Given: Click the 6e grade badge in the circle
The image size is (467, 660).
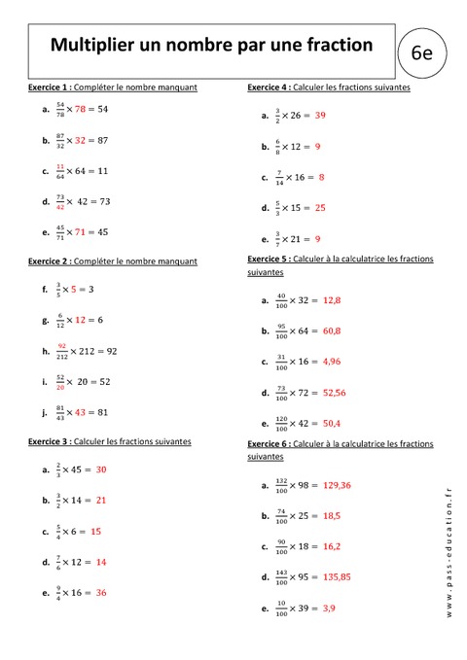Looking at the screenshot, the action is (x=422, y=54).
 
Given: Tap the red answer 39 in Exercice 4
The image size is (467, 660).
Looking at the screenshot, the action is (x=320, y=115).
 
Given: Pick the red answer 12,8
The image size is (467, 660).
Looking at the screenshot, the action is (x=332, y=300).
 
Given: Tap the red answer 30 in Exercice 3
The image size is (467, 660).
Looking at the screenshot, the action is (x=101, y=469).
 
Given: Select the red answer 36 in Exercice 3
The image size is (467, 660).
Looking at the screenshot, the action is (x=101, y=592).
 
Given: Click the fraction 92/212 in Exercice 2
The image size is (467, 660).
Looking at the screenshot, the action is (x=61, y=350).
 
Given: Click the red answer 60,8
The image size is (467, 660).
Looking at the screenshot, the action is (x=332, y=331).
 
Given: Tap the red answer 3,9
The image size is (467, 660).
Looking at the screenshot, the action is (x=329, y=608).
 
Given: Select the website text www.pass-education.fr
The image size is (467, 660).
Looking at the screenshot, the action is (x=449, y=555).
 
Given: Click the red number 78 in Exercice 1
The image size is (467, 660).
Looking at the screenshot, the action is (x=81, y=109).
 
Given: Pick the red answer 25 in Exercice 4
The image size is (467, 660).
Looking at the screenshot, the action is (x=320, y=207).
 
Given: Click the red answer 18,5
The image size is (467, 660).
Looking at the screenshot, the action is (x=331, y=515).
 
